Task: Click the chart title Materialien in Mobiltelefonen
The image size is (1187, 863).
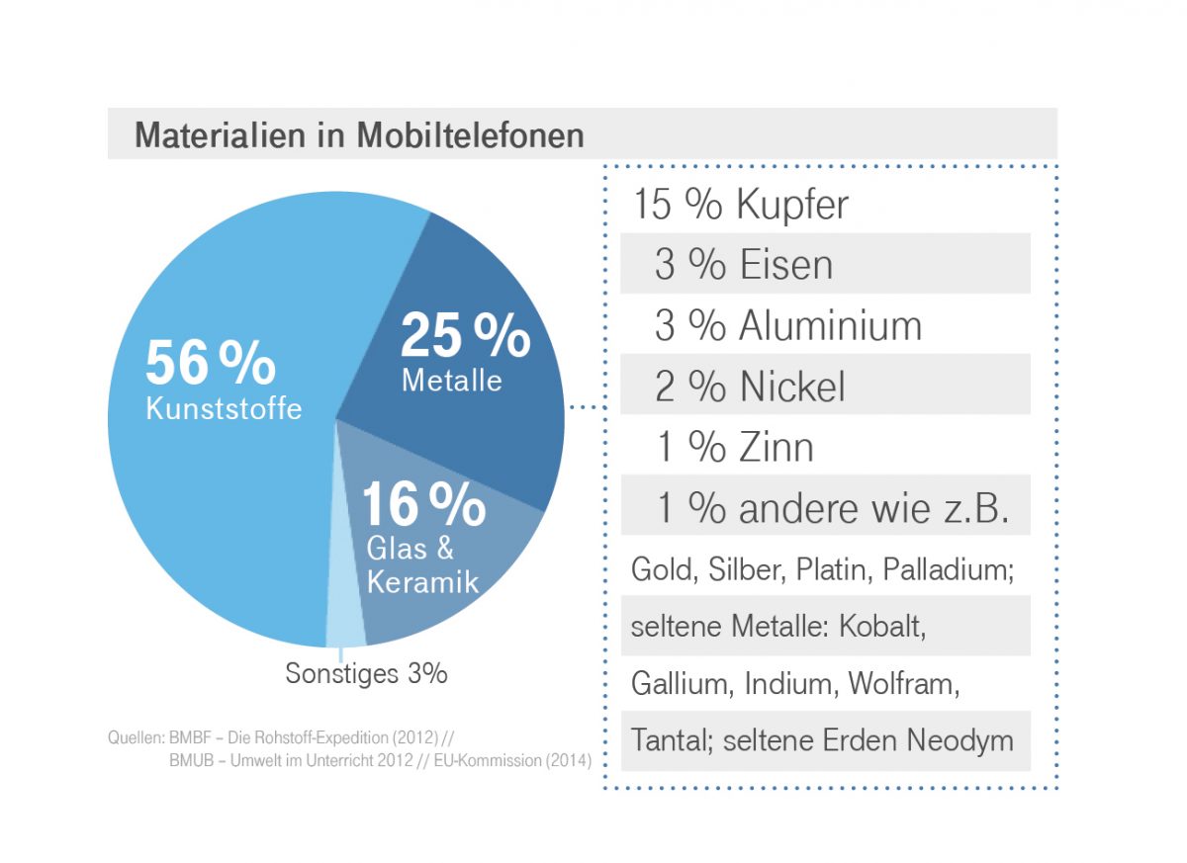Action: [359, 134]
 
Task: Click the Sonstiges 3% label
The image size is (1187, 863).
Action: [366, 674]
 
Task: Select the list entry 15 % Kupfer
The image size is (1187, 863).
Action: [740, 205]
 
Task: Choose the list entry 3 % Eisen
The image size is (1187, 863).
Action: [743, 265]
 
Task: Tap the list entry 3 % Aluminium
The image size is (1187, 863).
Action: [787, 325]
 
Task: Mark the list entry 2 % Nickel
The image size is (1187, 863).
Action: [749, 387]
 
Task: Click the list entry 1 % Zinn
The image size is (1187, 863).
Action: [735, 447]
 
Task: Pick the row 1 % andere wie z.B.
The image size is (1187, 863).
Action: [833, 508]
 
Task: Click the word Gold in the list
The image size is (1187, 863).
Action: [662, 570]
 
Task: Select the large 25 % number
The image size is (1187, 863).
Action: [465, 336]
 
